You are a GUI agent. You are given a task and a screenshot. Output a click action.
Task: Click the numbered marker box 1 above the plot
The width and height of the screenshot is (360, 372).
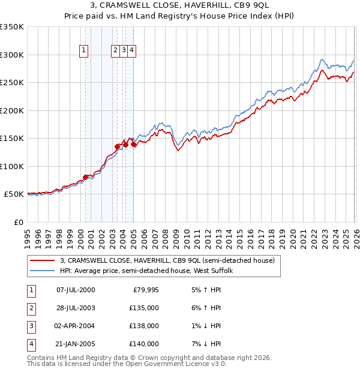[83, 51]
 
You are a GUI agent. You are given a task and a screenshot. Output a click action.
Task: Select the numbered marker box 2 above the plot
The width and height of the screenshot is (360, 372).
[115, 51]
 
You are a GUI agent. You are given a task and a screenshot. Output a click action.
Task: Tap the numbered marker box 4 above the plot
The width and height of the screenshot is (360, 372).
[131, 51]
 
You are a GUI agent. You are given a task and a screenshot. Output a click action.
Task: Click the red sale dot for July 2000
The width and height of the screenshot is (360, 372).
[85, 177]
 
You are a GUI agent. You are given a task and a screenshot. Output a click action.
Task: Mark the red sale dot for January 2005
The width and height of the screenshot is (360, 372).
[133, 144]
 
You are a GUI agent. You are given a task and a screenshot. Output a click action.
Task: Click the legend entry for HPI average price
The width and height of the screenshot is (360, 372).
[150, 271]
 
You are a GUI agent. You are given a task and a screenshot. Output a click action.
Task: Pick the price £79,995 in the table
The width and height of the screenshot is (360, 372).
[145, 290]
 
